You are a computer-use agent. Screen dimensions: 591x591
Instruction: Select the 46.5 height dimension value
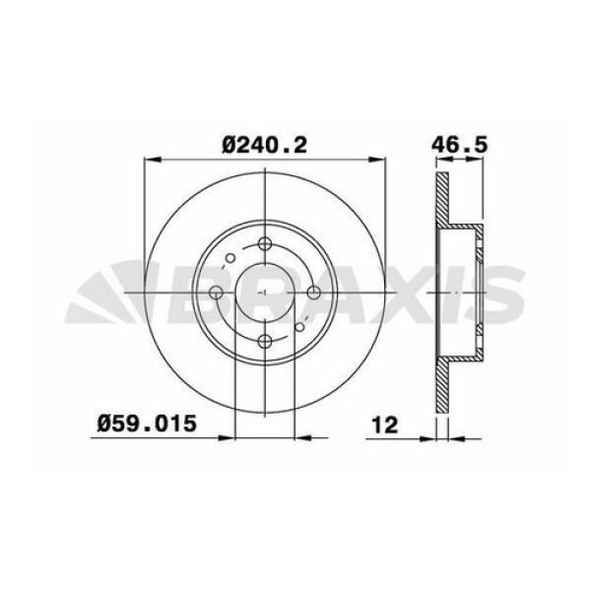pos(460,145)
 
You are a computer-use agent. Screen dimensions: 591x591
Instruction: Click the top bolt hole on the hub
pos(266,245)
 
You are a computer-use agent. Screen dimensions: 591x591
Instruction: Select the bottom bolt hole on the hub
pos(266,341)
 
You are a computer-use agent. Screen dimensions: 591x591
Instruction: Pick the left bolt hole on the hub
pos(219,293)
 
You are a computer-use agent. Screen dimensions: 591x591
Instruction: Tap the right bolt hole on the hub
pos(313,293)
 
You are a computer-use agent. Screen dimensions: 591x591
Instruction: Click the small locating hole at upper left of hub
pos(230,259)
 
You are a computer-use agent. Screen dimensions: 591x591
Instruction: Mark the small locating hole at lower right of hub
pos(301,327)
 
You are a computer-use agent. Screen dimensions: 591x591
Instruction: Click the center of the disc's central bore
pos(266,293)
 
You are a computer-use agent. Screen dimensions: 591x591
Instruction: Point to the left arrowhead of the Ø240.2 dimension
pos(150,159)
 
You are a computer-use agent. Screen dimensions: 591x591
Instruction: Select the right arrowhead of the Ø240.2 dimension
pos(380,159)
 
